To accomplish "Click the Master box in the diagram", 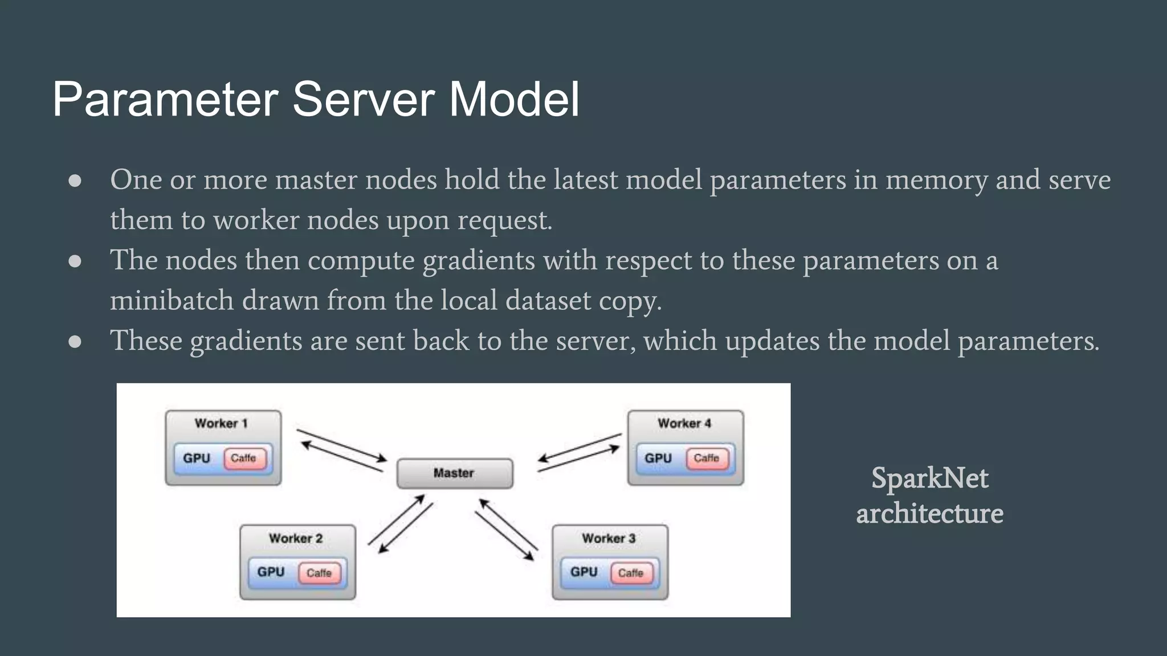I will (454, 473).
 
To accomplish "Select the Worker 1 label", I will (221, 423).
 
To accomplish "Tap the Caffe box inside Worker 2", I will (319, 573).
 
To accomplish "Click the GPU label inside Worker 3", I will (583, 572).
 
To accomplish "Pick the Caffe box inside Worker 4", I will (707, 458).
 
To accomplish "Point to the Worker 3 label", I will (609, 538).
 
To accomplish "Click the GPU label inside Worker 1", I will (197, 458).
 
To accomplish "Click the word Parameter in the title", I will (165, 99).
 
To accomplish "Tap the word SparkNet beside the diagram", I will (929, 478).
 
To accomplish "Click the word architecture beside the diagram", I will (929, 513).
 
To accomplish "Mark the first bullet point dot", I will (75, 181).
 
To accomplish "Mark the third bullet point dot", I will (75, 342).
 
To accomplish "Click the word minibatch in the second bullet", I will (172, 300).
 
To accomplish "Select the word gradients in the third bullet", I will (246, 341).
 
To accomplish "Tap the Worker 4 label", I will (684, 423).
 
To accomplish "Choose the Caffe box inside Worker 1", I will (244, 458).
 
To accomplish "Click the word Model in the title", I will (514, 99).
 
